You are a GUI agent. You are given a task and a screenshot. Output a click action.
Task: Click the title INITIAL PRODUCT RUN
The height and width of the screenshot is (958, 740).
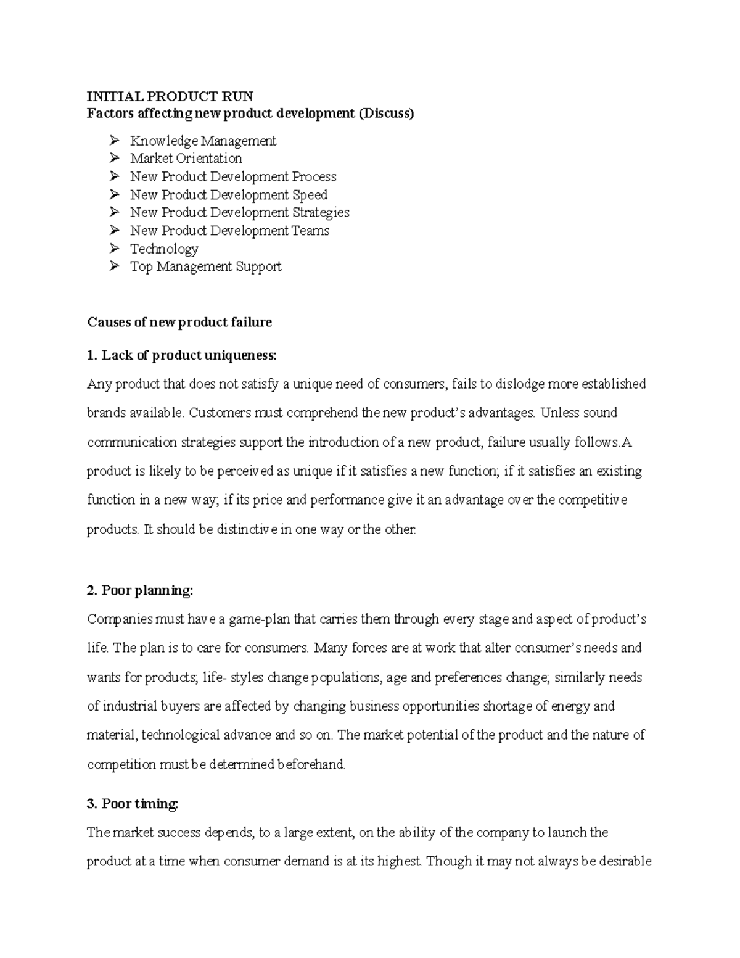coord(170,96)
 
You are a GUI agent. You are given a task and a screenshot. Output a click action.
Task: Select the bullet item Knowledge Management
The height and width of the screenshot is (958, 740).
coord(203,141)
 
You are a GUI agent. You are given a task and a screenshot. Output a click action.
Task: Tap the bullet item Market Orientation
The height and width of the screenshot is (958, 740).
coord(186,159)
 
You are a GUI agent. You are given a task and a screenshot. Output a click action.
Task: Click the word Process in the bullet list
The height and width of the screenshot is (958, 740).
coord(314,177)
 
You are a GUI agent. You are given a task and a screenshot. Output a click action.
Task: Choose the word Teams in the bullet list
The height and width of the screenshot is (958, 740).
coord(313,231)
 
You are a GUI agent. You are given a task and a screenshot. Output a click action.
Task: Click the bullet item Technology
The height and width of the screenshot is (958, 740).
coord(164,249)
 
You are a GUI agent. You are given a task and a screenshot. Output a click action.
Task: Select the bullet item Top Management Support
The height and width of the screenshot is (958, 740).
coord(205,266)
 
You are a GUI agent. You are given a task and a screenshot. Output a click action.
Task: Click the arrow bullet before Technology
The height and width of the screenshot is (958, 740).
coord(114,249)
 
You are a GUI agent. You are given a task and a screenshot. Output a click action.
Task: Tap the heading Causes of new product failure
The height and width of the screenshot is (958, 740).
coord(179,322)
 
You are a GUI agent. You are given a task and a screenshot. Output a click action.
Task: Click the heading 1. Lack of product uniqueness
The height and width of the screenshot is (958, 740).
coord(183,355)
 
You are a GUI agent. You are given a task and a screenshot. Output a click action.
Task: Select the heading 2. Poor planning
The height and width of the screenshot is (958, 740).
coord(140,590)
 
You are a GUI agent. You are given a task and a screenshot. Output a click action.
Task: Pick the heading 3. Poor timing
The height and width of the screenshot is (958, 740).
coord(133,804)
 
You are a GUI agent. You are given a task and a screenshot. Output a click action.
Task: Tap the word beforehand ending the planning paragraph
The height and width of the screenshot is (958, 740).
coord(311,765)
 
